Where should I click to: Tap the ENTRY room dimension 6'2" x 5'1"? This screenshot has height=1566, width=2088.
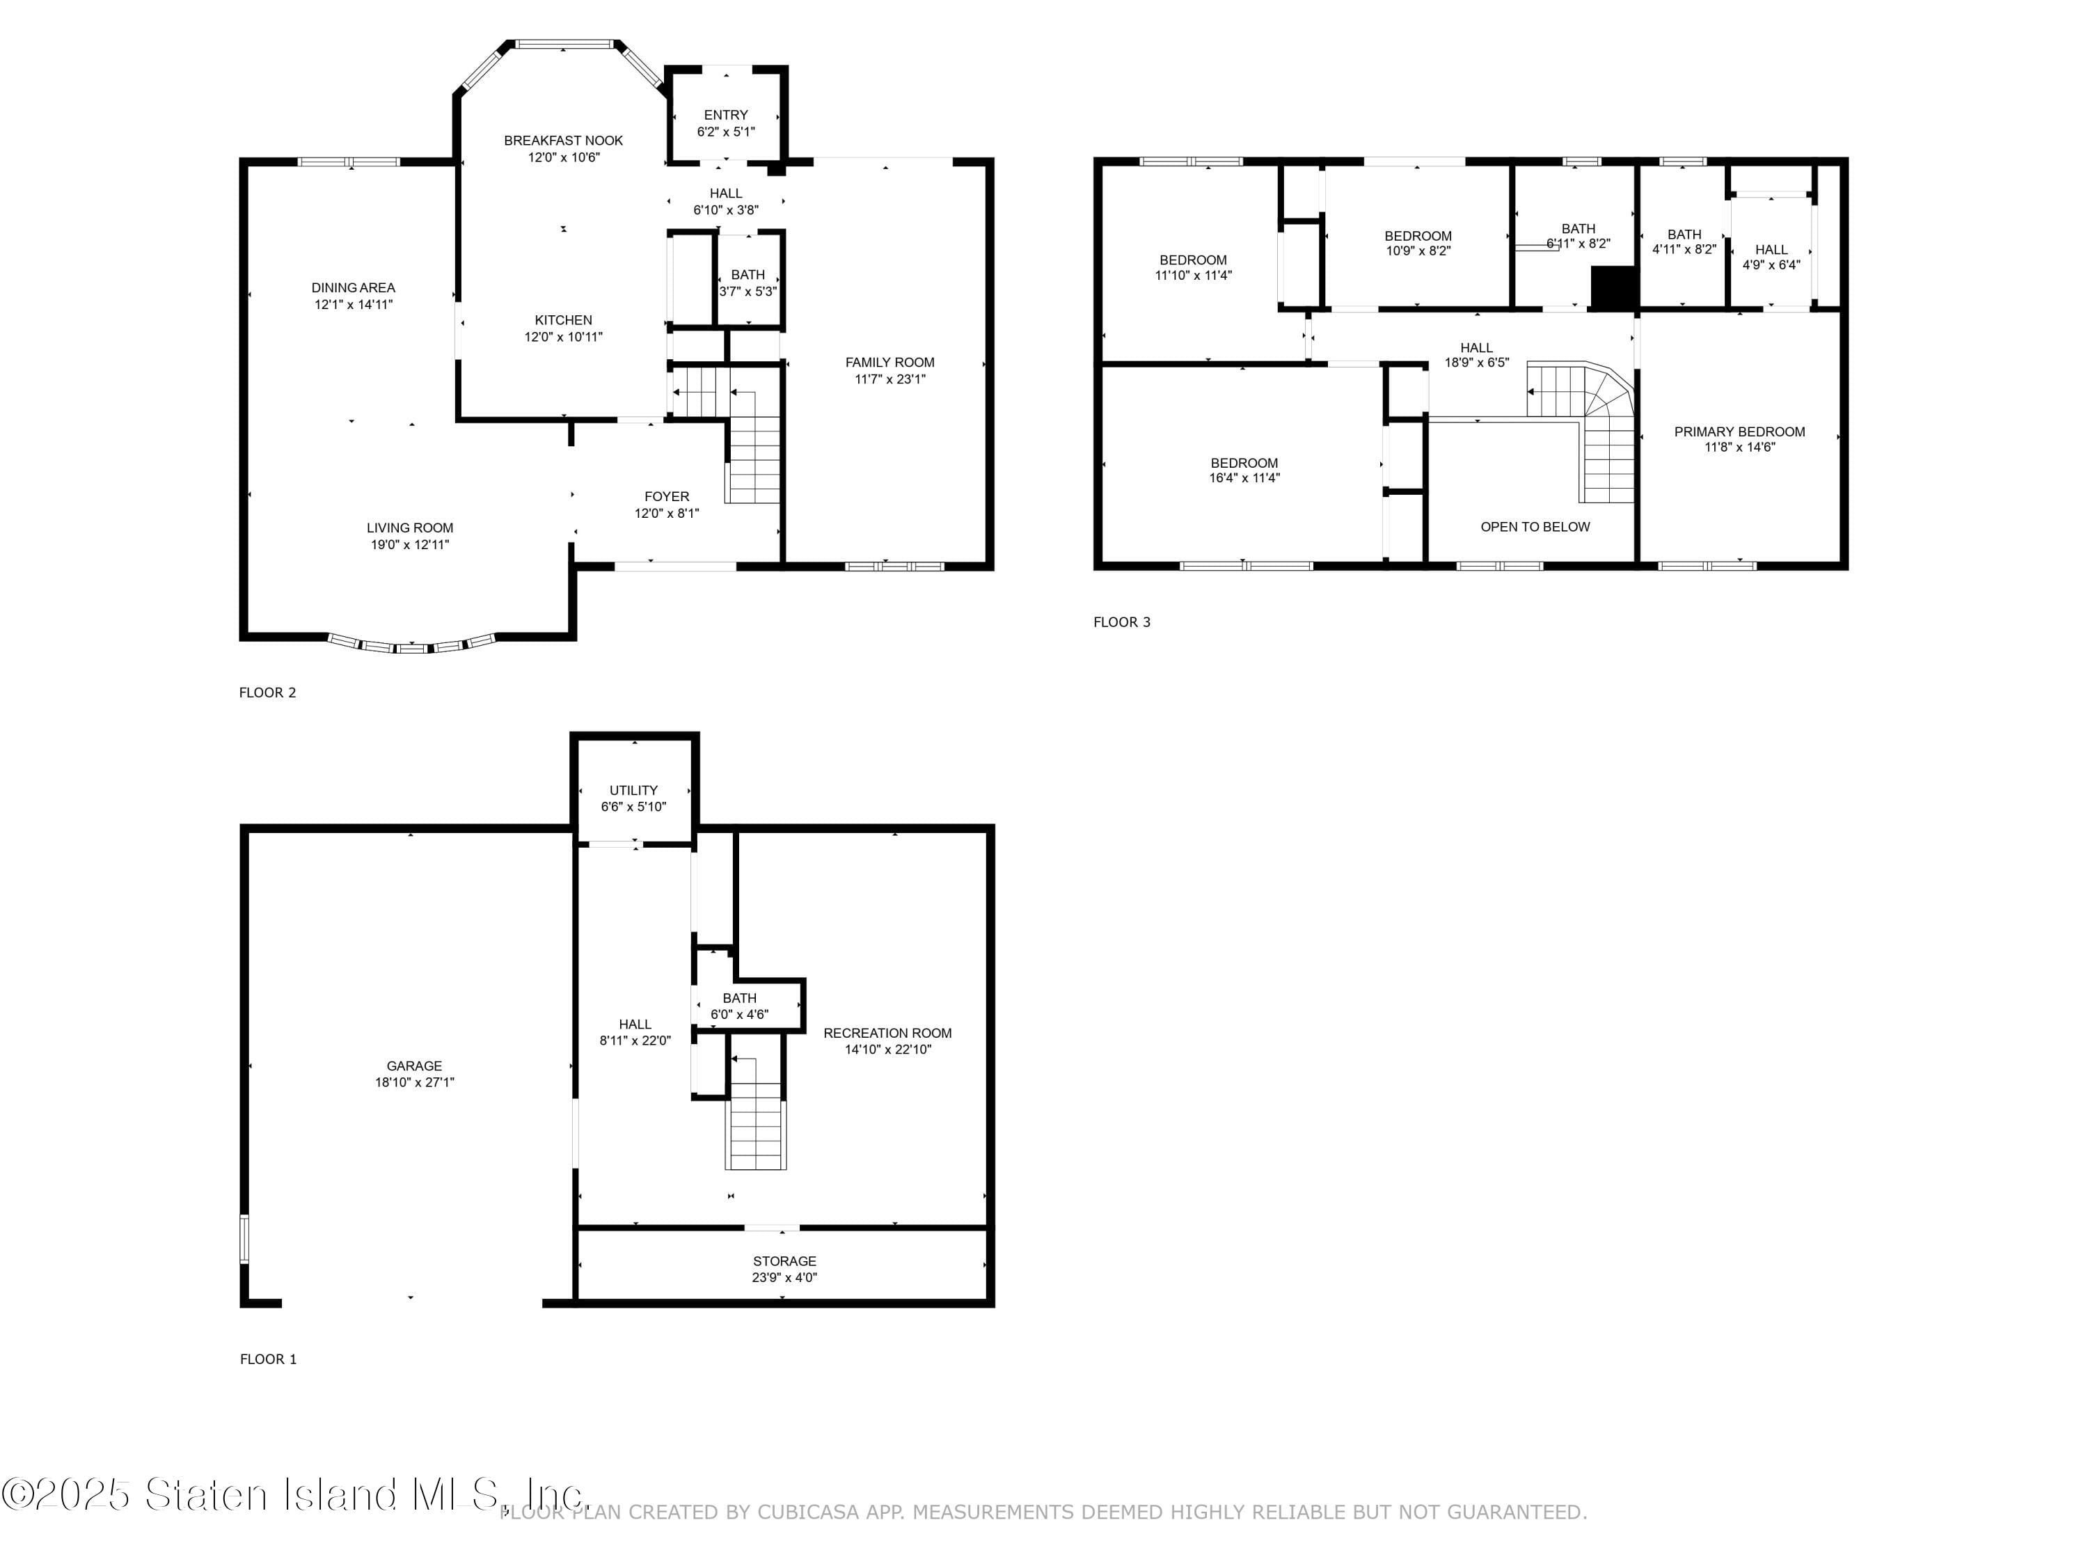click(725, 132)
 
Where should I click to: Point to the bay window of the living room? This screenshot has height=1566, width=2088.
click(411, 646)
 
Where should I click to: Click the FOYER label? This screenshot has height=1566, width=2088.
click(667, 496)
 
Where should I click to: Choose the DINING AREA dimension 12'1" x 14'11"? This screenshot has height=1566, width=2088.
click(353, 305)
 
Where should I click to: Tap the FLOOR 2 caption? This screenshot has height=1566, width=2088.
click(267, 693)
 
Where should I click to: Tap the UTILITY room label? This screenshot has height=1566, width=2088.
click(633, 790)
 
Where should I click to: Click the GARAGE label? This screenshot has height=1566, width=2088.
click(413, 1066)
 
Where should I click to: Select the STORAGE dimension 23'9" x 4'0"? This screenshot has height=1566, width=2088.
click(784, 1278)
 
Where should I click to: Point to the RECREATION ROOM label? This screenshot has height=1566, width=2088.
click(887, 1033)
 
